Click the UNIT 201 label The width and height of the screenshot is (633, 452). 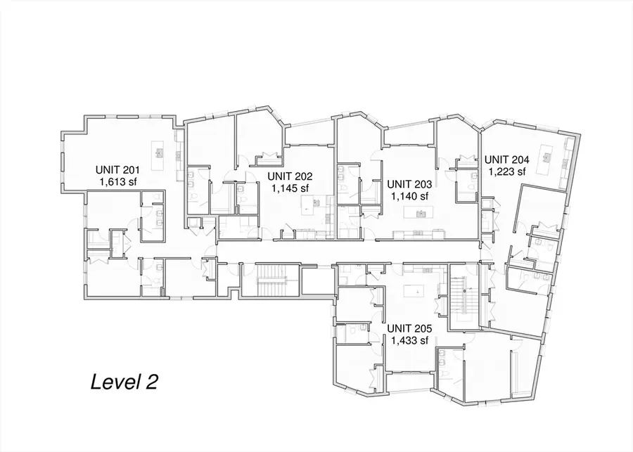pyautogui.click(x=119, y=169)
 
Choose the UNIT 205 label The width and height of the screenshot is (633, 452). pyautogui.click(x=410, y=329)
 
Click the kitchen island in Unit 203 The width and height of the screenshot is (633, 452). pyautogui.click(x=421, y=214)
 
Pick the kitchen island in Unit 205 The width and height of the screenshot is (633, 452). pyautogui.click(x=414, y=290)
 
